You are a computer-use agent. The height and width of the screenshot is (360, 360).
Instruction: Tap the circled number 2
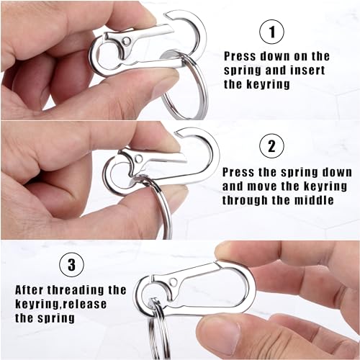[x=270, y=146]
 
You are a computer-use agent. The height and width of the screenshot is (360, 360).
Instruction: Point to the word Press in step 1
[x=242, y=55]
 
